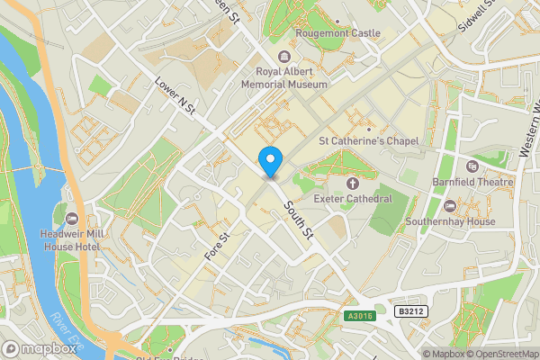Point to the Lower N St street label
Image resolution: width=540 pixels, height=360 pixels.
coord(175,96)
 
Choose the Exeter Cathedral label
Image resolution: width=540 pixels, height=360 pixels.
coord(353,197)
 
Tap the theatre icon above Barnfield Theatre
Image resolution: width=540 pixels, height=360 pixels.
coord(472,167)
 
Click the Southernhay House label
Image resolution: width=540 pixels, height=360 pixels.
coord(450,220)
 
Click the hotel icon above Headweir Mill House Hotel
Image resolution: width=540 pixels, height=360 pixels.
coord(72,218)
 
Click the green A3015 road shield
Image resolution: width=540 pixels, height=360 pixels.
coord(360,315)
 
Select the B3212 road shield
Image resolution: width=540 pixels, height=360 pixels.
coord(411,310)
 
